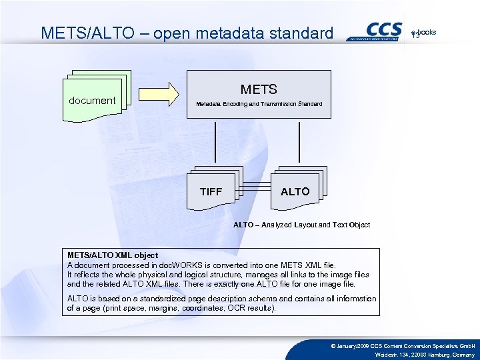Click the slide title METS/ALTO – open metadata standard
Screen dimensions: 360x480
pos(187,33)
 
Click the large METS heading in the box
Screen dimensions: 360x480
pos(259,89)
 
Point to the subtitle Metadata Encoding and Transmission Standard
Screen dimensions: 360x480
pos(259,104)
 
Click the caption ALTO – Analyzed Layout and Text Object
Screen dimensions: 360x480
pos(301,225)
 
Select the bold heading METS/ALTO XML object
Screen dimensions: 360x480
pos(113,255)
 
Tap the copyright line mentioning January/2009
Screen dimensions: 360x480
pos(403,345)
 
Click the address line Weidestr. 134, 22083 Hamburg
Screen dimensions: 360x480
pos(425,355)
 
